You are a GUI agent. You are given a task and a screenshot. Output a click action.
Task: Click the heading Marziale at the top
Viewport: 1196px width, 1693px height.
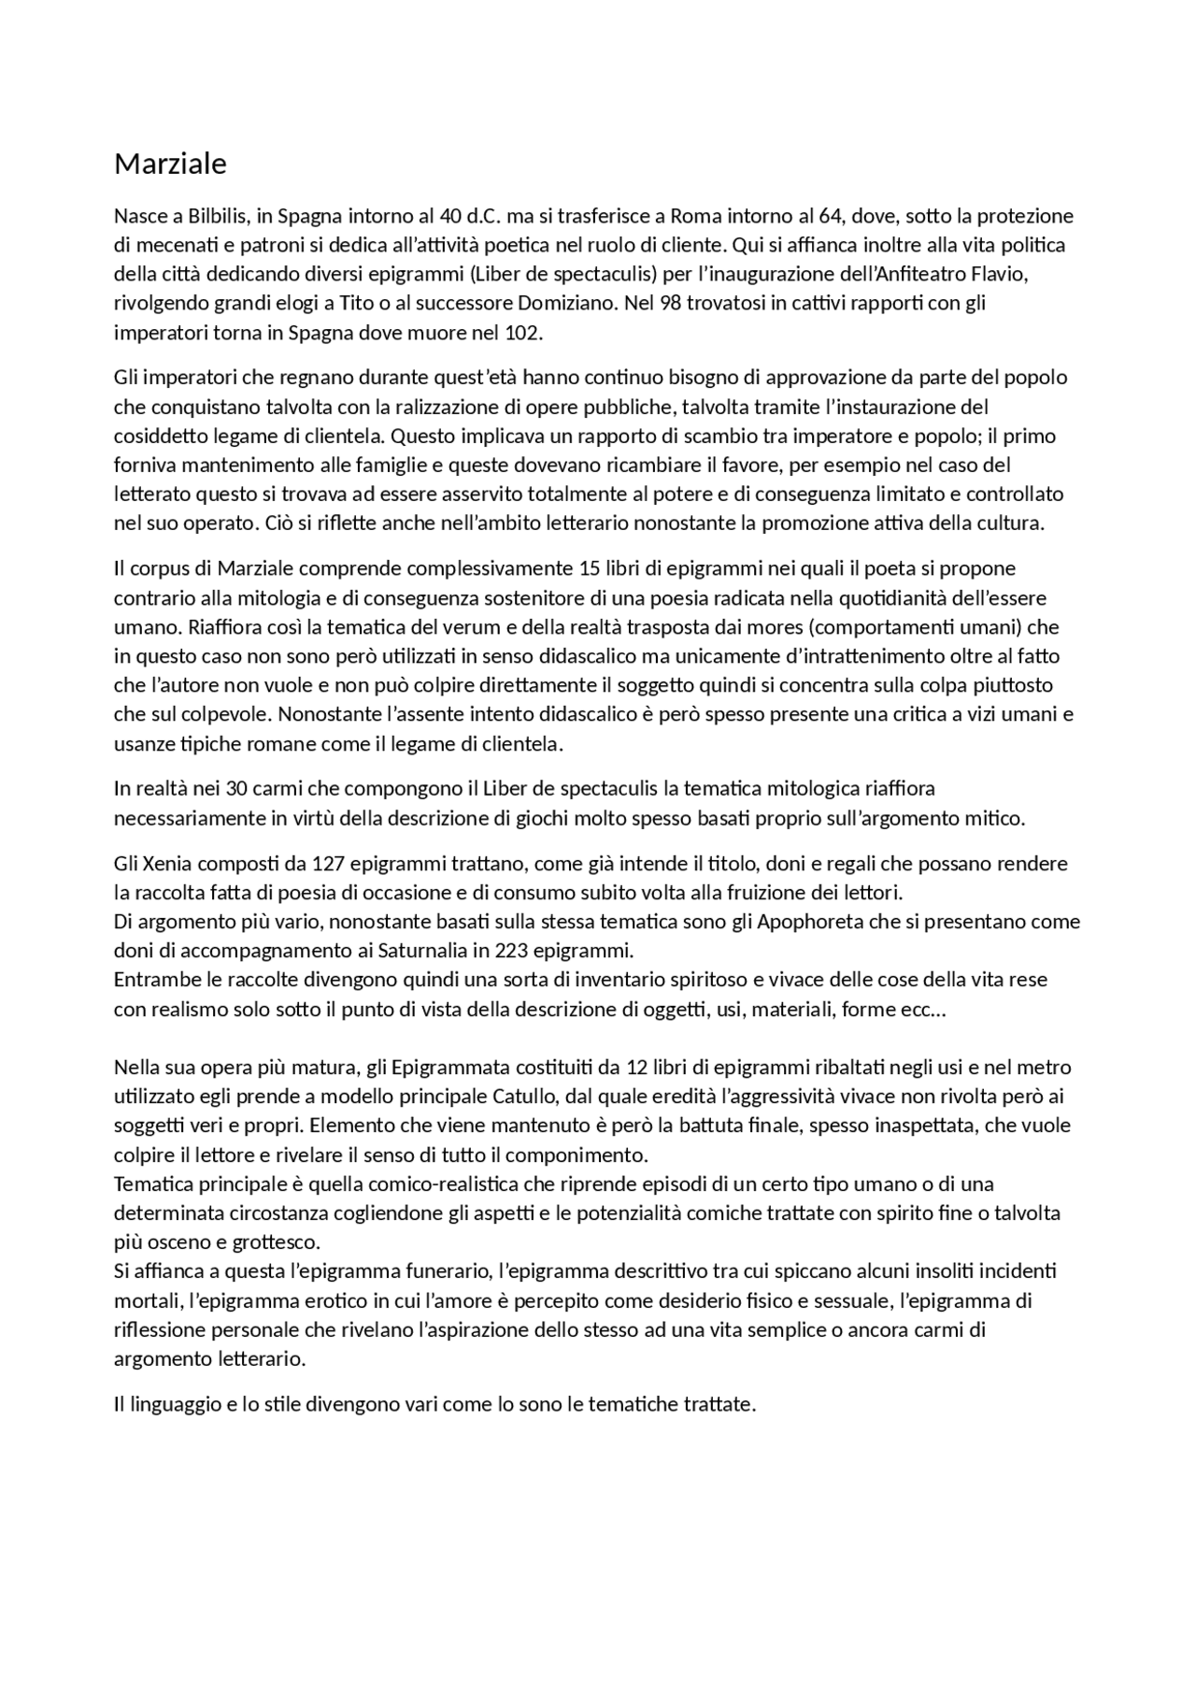[x=170, y=165]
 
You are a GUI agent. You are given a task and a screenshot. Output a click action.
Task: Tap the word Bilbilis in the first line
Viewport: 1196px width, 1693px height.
[x=217, y=217]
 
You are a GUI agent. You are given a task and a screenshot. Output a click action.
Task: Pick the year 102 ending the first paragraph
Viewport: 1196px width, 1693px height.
[x=523, y=333]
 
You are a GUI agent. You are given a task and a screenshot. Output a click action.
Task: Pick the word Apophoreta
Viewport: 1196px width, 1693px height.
[x=810, y=922]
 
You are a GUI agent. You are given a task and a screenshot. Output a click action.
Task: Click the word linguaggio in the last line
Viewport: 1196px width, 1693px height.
[x=176, y=1405]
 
